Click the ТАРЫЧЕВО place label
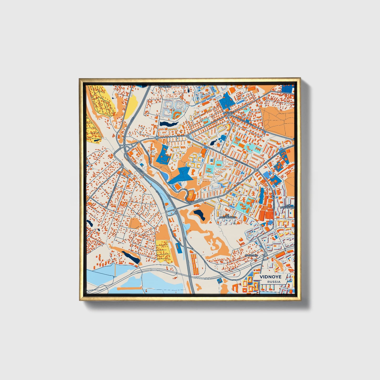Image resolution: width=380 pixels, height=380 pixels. click(165, 86)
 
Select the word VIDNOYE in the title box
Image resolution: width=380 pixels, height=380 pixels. click(270, 277)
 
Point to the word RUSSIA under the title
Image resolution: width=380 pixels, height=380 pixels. click(273, 282)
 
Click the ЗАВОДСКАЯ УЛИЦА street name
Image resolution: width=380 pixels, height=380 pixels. click(245, 121)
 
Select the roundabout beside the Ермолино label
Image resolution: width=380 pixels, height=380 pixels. click(266, 255)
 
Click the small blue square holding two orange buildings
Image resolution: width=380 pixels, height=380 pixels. click(219, 281)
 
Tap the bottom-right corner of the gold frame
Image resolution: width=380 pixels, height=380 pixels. click(301, 301)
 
